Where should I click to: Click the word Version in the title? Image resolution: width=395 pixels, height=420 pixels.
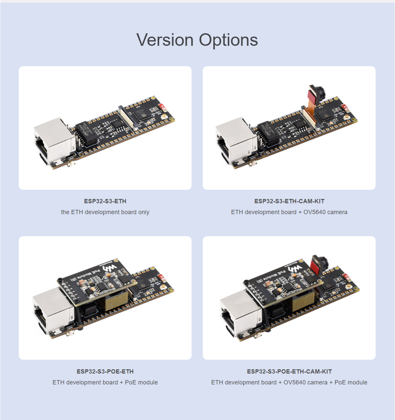(165, 40)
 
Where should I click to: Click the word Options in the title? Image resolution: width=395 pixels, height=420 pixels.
(228, 40)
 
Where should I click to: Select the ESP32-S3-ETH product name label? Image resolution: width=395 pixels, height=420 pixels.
(105, 201)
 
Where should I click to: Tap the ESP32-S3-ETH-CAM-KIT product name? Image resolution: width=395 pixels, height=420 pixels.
(289, 201)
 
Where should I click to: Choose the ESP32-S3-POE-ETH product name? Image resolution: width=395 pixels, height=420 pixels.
(105, 372)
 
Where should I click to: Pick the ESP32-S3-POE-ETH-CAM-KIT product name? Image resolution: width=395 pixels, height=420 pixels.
(289, 372)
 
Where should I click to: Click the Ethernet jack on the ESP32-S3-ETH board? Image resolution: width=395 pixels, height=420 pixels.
(54, 141)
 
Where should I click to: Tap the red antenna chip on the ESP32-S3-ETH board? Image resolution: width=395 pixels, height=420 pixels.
(163, 107)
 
